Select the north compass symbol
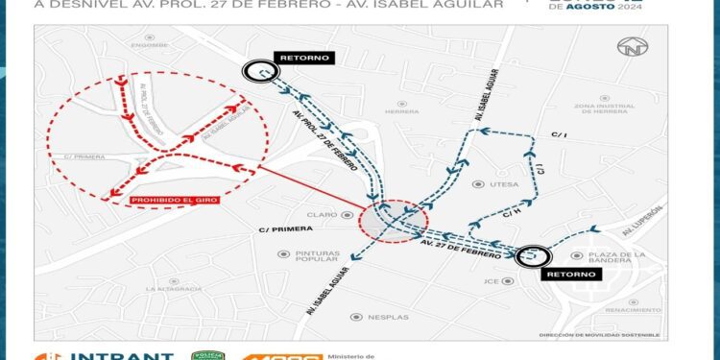coord(632,46)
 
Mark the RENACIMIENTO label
coord(632,310)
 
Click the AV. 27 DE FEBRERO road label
coord(461,248)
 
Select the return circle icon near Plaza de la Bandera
coord(532,256)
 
